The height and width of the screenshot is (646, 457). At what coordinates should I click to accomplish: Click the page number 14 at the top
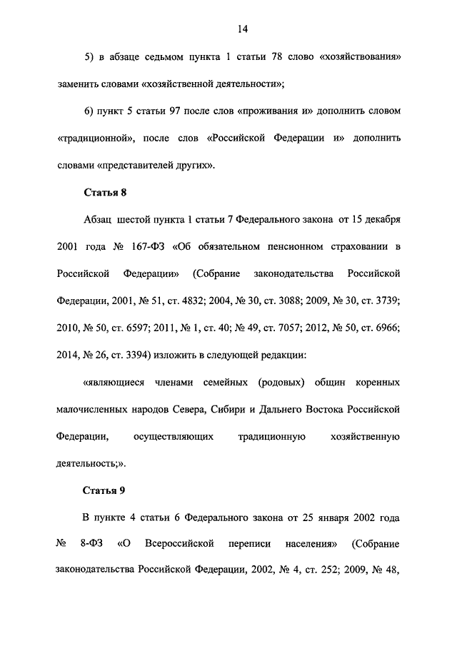point(241,29)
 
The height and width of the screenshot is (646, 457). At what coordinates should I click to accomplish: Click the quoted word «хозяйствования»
point(363,56)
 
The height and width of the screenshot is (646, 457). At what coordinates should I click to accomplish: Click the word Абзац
point(99,219)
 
